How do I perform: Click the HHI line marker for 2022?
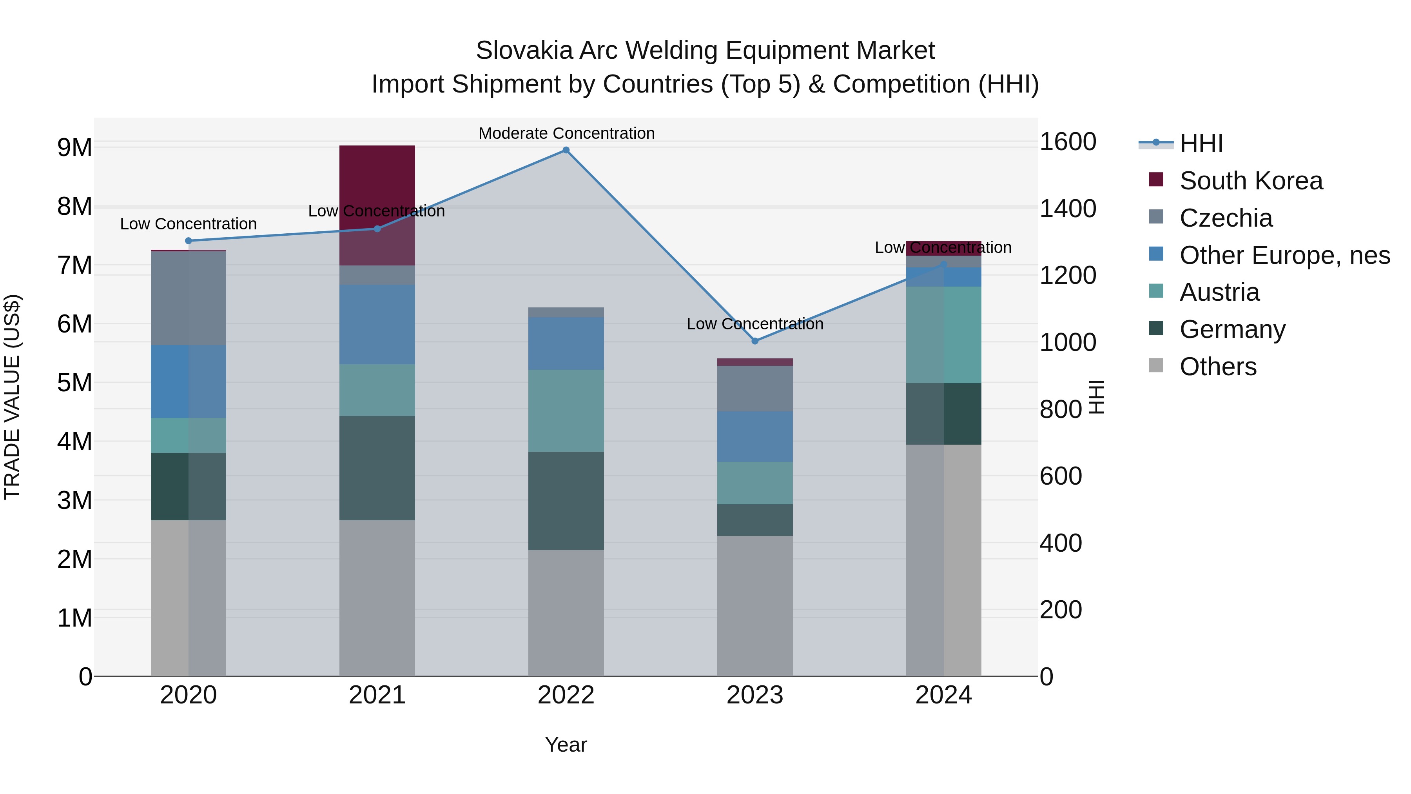tap(566, 150)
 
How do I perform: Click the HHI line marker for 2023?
tap(755, 341)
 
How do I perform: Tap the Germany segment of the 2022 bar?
tap(566, 500)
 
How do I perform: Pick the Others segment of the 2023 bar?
tap(755, 605)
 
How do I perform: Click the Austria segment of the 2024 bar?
tap(943, 334)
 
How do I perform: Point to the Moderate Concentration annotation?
tap(566, 133)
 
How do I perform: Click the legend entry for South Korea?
tap(1251, 181)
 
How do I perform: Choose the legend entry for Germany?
tap(1232, 329)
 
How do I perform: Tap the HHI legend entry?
tap(1201, 144)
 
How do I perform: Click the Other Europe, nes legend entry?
tap(1284, 255)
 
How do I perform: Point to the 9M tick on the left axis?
tap(74, 147)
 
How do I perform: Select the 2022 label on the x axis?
tap(566, 695)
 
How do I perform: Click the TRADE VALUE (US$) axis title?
tap(12, 397)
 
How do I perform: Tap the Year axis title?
tap(566, 745)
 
